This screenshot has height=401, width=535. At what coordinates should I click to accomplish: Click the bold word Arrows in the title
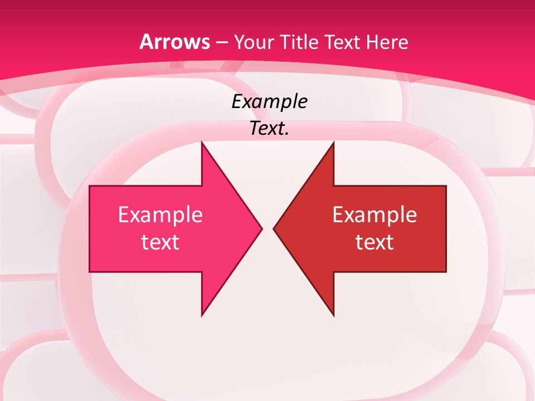[x=175, y=42]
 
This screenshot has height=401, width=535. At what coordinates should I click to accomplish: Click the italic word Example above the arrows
[x=269, y=101]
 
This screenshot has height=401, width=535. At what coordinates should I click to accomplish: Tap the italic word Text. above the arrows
[x=269, y=129]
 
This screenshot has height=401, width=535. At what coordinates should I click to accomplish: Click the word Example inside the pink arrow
[x=160, y=215]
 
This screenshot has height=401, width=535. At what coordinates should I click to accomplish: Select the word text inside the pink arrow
[x=160, y=242]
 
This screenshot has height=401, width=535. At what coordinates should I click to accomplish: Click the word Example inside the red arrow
[x=374, y=215]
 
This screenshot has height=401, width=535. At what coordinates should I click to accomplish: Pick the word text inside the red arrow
[x=374, y=242]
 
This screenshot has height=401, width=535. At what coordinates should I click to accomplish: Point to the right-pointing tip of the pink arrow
[x=261, y=228]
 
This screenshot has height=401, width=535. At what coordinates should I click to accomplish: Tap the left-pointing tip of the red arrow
[x=274, y=228]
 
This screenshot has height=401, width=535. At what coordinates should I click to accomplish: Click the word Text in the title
[x=342, y=42]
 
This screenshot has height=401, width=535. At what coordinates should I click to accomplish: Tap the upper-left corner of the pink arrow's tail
[x=90, y=187]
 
